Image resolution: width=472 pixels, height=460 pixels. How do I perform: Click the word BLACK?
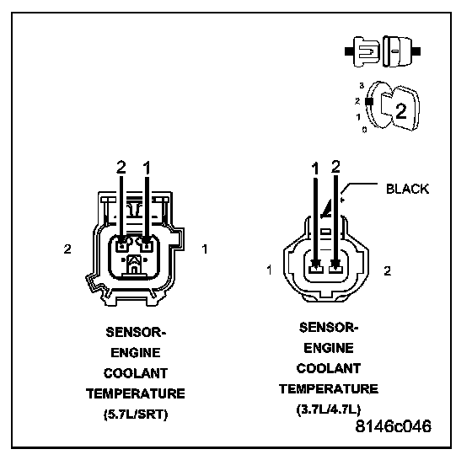pos(407,189)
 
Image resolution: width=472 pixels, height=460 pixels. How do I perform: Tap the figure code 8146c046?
pos(394,426)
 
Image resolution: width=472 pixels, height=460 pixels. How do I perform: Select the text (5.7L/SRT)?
pos(136,415)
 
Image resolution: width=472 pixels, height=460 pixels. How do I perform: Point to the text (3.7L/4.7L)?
pos(329,409)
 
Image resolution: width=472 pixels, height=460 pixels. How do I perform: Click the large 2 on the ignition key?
pos(401,111)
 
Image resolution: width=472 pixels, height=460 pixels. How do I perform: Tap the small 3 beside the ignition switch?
pos(362,86)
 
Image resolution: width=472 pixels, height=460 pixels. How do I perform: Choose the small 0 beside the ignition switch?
pos(364,130)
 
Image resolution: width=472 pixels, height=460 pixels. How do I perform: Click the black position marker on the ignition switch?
pos(369,102)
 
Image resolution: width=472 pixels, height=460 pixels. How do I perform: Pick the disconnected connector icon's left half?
pos(362,51)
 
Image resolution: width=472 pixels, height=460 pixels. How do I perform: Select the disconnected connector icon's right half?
pos(401,51)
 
